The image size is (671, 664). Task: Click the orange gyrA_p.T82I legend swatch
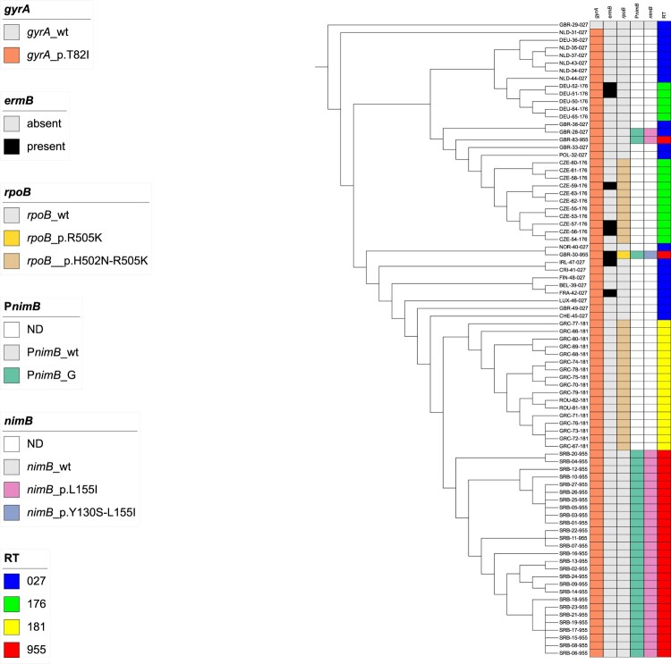(13, 55)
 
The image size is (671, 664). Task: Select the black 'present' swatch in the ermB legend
(13, 144)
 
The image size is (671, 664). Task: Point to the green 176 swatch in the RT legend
(13, 606)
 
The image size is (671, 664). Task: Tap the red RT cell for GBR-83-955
(663, 139)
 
